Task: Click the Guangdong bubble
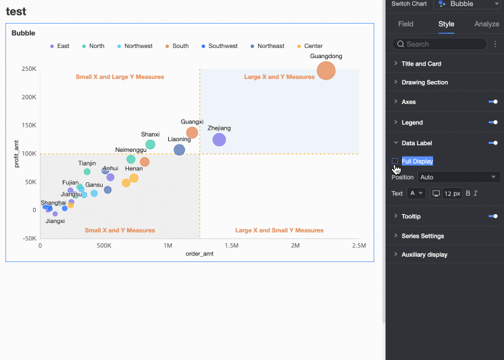pyautogui.click(x=326, y=70)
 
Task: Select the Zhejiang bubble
pyautogui.click(x=219, y=140)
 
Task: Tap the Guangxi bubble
pyautogui.click(x=192, y=133)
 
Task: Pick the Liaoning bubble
pyautogui.click(x=179, y=150)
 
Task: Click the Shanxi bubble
pyautogui.click(x=151, y=145)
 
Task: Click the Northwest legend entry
pyautogui.click(x=134, y=46)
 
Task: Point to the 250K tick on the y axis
pyautogui.click(x=29, y=69)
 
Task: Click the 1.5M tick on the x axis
pyautogui.click(x=231, y=246)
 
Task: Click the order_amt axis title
pyautogui.click(x=199, y=254)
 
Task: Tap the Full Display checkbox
pyautogui.click(x=395, y=161)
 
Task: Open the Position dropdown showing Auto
pyautogui.click(x=458, y=177)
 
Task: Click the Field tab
pyautogui.click(x=405, y=24)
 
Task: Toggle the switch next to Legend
pyautogui.click(x=493, y=122)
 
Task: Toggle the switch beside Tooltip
pyautogui.click(x=493, y=216)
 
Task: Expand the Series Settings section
pyautogui.click(x=422, y=236)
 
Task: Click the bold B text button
pyautogui.click(x=468, y=193)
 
